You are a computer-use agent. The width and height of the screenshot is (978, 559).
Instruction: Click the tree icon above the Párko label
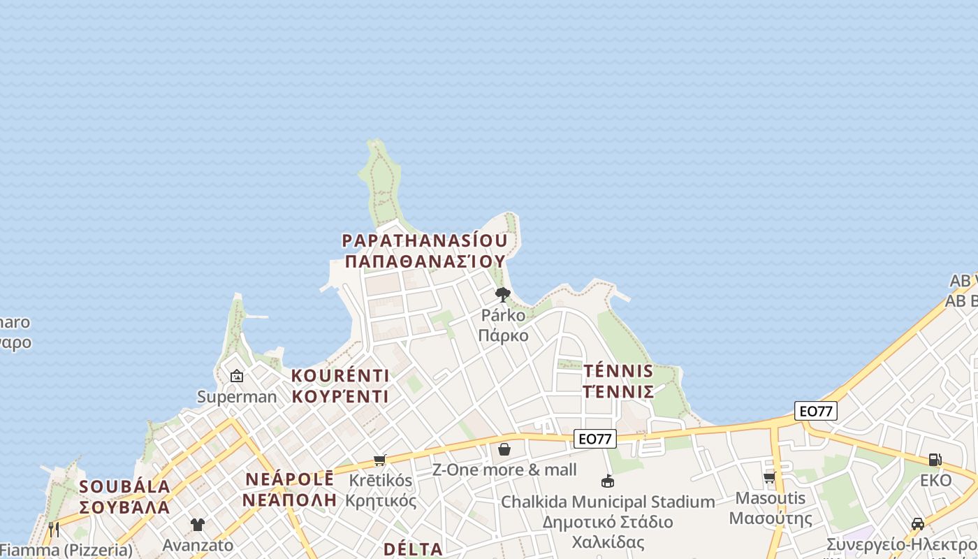502,294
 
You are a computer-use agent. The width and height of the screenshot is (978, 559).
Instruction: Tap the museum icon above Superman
237,376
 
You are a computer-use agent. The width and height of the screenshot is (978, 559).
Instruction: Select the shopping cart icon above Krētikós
379,460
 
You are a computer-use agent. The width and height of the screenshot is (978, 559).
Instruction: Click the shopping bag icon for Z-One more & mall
504,449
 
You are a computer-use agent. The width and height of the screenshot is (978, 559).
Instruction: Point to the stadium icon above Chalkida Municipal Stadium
608,481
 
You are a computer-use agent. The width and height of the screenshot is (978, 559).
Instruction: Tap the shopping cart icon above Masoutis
770,478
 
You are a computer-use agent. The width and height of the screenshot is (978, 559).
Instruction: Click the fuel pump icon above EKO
935,460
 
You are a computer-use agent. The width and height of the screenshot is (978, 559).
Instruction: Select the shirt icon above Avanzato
198,525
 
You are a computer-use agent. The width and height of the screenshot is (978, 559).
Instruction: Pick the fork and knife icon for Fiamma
53,530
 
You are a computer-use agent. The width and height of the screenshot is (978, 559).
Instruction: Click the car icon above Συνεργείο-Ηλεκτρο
918,524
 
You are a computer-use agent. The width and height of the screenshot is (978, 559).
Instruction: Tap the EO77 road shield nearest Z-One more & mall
595,439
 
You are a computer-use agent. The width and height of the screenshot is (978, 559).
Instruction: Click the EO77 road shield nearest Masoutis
815,411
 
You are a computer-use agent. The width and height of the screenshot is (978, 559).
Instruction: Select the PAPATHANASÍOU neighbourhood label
425,241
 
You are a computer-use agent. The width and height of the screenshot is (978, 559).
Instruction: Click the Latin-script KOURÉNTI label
340,376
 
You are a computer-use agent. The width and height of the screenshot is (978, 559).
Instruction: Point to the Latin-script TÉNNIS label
618,371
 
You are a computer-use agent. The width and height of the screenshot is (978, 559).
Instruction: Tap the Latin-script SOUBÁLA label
125,487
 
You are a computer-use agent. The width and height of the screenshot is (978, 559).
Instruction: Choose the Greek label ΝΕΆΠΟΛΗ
289,500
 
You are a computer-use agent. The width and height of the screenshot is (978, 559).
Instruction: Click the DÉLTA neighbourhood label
413,549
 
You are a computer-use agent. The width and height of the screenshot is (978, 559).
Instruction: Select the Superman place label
237,397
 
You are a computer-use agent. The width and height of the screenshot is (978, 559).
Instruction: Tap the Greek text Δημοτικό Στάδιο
608,522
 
